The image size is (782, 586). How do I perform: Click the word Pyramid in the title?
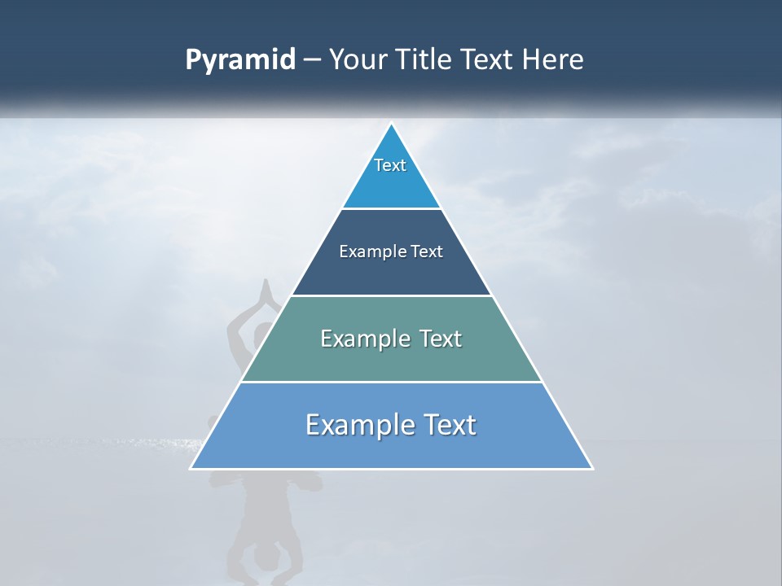[240, 60]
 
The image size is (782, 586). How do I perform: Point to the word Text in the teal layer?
[441, 339]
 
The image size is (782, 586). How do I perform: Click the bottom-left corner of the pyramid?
[191, 468]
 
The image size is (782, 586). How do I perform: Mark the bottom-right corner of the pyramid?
[592, 468]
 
